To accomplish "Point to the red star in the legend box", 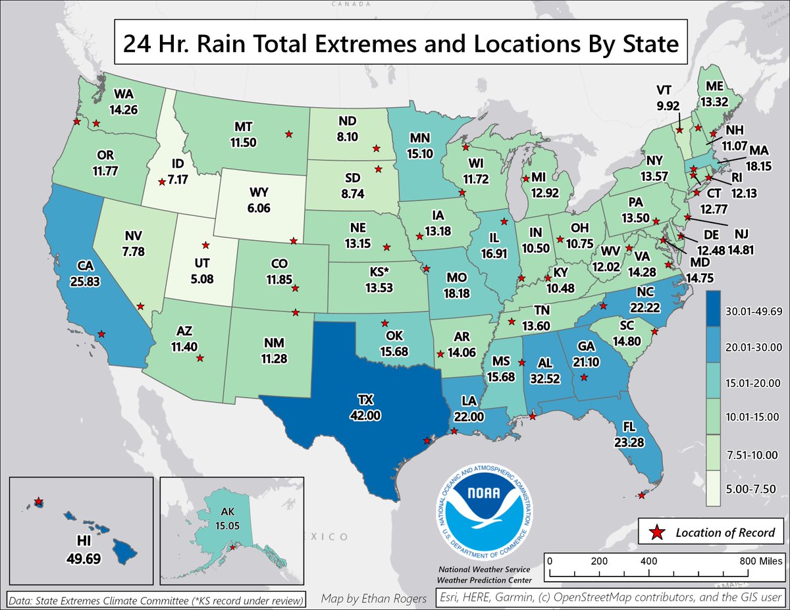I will point(656,532).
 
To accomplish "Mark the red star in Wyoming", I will point(294,241).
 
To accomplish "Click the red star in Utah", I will point(206,245).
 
